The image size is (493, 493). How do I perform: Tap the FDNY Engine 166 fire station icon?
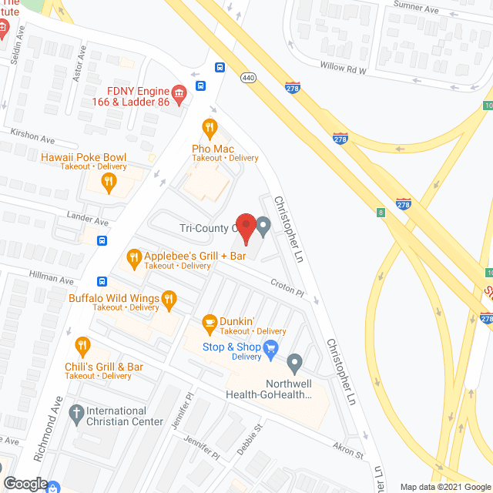coord(179,96)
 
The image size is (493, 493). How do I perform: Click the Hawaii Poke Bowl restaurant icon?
coord(109,183)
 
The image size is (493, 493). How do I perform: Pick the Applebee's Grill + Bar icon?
coord(133,257)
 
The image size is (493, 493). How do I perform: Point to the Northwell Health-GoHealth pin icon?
coord(294,362)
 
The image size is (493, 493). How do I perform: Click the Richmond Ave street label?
coord(50,429)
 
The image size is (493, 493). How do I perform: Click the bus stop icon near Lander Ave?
coord(102,240)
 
